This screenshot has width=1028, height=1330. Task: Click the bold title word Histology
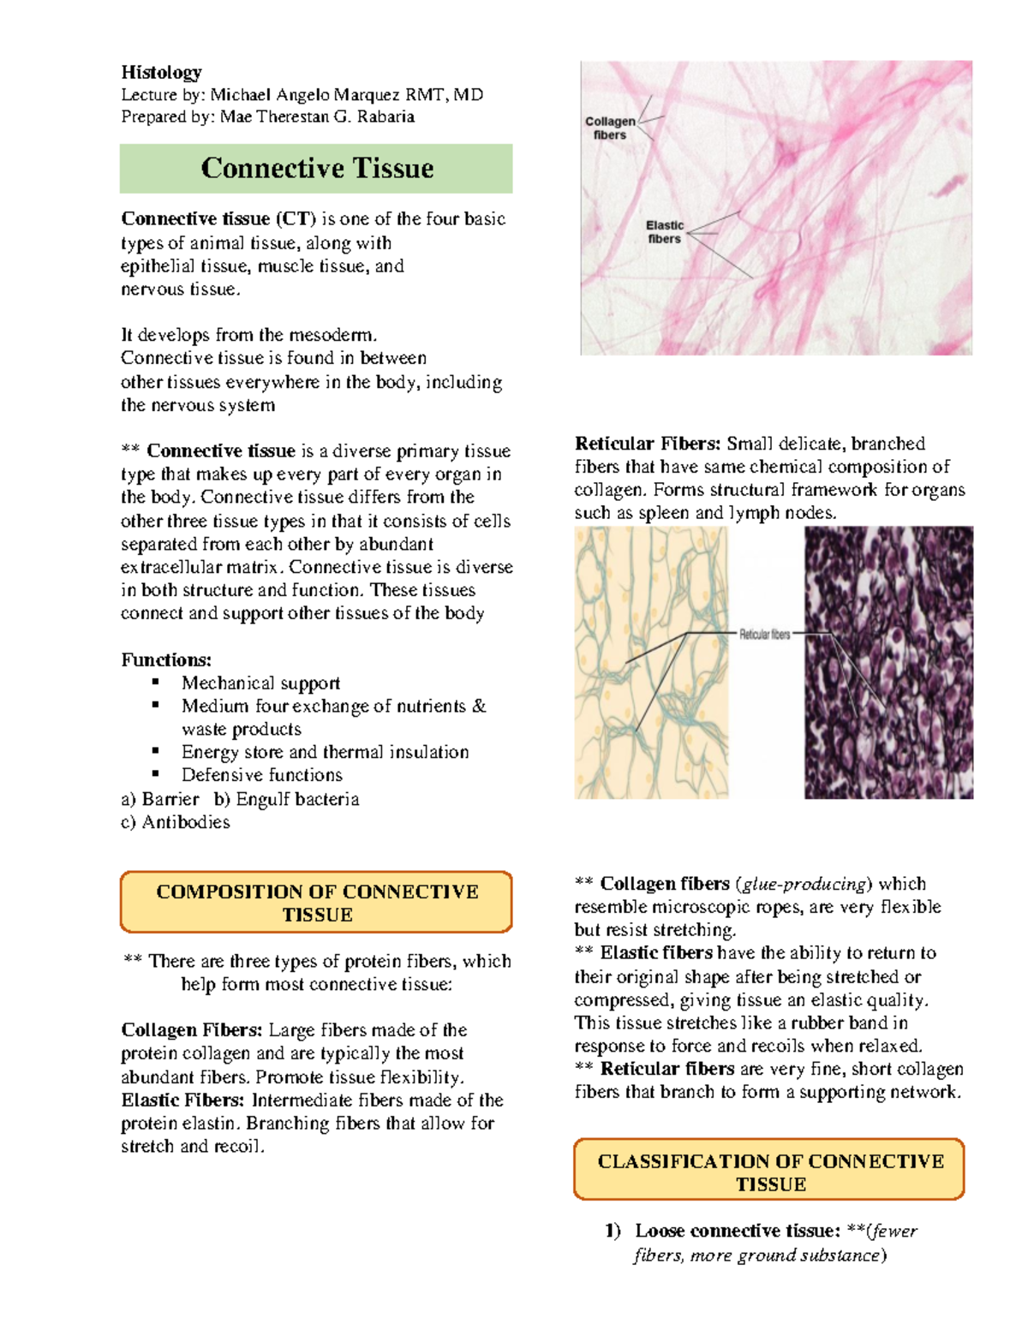point(161,72)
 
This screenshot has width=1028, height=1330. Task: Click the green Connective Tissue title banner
point(316,169)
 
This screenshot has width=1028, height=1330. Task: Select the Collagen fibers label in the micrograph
point(610,128)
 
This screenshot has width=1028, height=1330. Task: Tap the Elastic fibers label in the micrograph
point(665,232)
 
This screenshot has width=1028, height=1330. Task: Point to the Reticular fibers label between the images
point(764,635)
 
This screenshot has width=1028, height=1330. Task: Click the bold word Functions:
point(166,659)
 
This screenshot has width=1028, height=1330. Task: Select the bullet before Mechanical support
point(156,682)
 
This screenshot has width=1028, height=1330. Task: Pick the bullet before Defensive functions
point(156,773)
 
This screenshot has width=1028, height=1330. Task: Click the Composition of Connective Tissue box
point(316,903)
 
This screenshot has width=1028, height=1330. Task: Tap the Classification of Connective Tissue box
point(769,1172)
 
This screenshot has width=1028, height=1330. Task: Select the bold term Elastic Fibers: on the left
point(182,1100)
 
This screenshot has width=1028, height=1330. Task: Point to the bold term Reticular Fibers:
point(648,444)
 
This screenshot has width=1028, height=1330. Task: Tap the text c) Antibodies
point(176,822)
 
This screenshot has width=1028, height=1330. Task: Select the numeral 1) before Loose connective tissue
point(613,1231)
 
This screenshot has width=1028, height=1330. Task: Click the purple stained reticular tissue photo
point(888,663)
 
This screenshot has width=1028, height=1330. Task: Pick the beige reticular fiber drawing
point(651,663)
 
